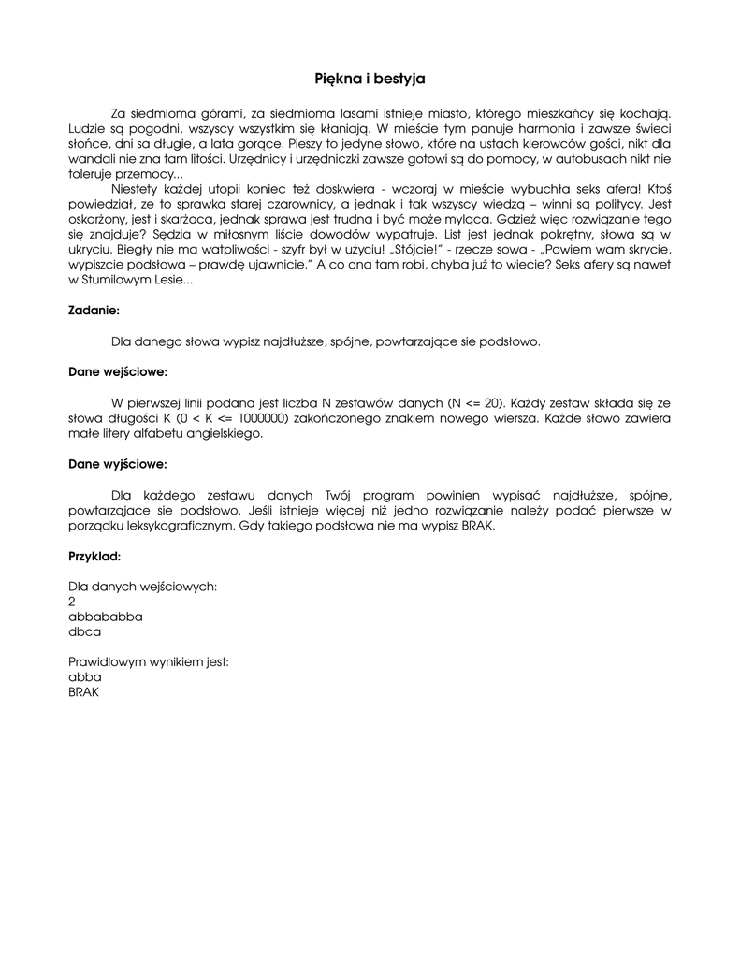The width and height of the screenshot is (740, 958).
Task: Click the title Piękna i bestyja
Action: pyautogui.click(x=370, y=80)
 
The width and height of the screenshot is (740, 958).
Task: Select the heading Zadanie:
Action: pyautogui.click(x=94, y=310)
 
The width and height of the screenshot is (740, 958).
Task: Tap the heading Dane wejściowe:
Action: pyautogui.click(x=118, y=371)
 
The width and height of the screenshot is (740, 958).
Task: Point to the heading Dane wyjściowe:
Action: pyautogui.click(x=118, y=463)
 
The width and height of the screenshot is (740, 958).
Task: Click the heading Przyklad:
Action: pyautogui.click(x=94, y=556)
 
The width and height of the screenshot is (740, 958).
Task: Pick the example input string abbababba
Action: pyautogui.click(x=106, y=617)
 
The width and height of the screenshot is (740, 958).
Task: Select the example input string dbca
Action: pyautogui.click(x=85, y=631)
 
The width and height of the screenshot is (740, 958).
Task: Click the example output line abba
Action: pyautogui.click(x=85, y=677)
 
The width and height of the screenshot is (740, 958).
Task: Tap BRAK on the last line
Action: pyautogui.click(x=84, y=692)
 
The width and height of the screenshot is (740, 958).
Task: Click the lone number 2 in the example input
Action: pyautogui.click(x=73, y=602)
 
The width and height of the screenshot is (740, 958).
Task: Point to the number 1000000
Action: pyautogui.click(x=263, y=418)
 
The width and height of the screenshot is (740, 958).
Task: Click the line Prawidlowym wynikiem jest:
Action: pyautogui.click(x=149, y=661)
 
